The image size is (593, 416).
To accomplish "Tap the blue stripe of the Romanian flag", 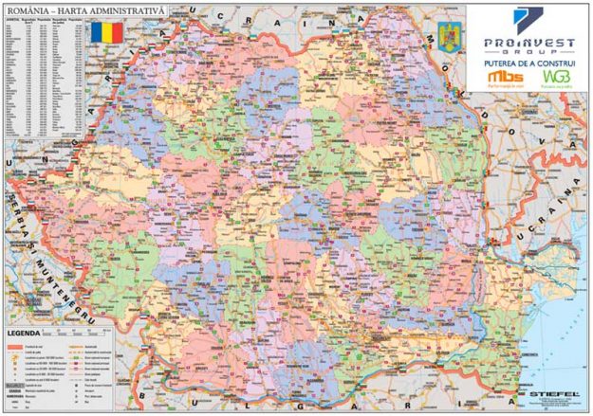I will pyautogui.click(x=96, y=31).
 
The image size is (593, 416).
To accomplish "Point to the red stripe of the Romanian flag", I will pyautogui.click(x=117, y=31).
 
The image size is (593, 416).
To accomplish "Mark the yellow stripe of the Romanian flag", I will pyautogui.click(x=106, y=31).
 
